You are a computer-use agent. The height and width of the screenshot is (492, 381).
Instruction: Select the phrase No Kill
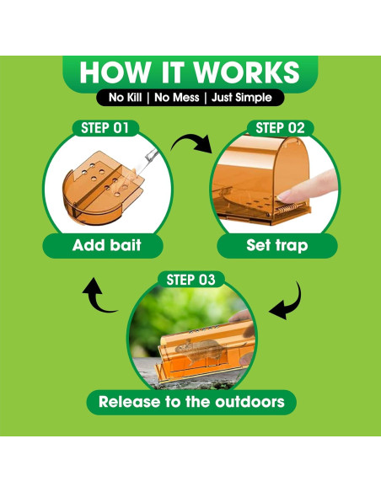coord(125,98)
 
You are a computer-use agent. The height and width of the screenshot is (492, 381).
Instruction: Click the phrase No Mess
coord(177,98)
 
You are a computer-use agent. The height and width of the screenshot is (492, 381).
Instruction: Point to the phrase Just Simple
coord(242,98)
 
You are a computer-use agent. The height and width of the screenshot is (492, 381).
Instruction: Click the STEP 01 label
coord(105,128)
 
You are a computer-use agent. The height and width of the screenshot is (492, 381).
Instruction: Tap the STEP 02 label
coord(280,128)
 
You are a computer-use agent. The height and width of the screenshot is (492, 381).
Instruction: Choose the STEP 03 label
coord(190,280)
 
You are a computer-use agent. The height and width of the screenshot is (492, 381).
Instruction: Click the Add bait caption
coord(107,245)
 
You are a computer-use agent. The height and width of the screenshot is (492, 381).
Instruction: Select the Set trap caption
coord(277,246)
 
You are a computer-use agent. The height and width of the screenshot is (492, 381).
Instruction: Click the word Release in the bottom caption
coord(130,402)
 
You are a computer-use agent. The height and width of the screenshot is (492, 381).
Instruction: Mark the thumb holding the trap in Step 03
coord(241,316)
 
